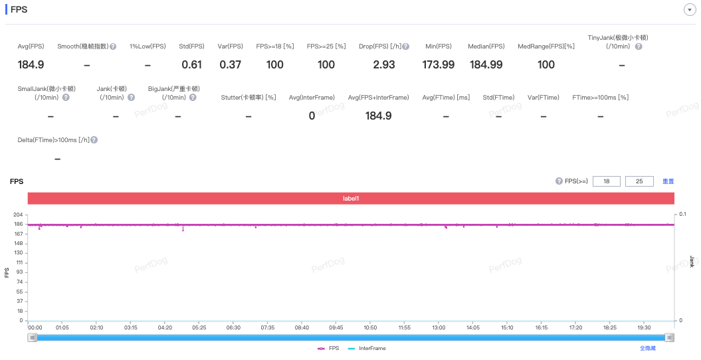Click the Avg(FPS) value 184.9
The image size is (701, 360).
[x=31, y=65]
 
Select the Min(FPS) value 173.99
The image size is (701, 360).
[x=438, y=65]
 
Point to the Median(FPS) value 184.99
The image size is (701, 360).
[x=486, y=65]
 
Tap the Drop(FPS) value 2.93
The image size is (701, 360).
[x=384, y=65]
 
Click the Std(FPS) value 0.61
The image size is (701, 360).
[x=192, y=65]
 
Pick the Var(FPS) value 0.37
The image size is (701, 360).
[x=231, y=65]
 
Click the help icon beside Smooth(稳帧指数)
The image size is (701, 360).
[x=113, y=46]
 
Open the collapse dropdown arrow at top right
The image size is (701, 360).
[x=690, y=10]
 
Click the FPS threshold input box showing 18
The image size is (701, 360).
[x=606, y=181]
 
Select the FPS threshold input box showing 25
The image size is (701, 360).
[x=639, y=181]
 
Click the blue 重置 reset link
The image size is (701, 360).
[x=668, y=181]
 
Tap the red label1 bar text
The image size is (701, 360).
[x=351, y=199]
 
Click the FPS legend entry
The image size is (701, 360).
[x=328, y=349]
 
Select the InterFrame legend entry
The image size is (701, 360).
[x=367, y=349]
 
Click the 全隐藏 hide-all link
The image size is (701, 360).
[x=648, y=349]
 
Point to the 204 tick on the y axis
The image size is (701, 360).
[x=19, y=215]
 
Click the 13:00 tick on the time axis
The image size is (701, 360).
[x=439, y=327]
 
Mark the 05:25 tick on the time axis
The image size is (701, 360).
[x=199, y=327]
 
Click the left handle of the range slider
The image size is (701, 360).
[x=32, y=337]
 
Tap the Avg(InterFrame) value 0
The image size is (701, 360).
[x=312, y=116]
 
